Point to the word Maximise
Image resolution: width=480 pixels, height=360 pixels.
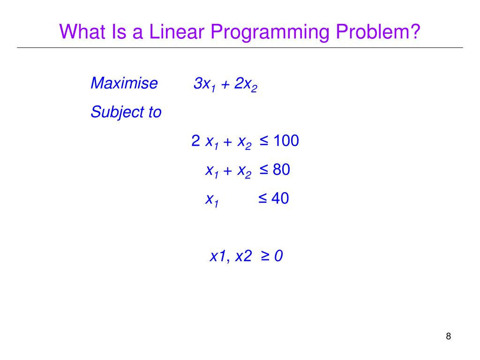pos(124,83)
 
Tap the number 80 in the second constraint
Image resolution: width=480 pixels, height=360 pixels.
pos(281,170)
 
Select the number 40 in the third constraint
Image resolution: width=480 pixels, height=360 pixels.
pos(280,198)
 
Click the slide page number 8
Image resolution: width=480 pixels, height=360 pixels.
pos(448,337)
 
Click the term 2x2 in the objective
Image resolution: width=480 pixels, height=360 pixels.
pos(246,85)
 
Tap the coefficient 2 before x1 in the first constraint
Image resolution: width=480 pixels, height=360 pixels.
pos(196,141)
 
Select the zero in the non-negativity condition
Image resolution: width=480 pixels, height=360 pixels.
pos(278,256)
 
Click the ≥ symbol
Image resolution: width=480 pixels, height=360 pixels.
pos(264,256)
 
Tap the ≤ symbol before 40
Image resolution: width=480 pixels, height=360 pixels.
pos(262,198)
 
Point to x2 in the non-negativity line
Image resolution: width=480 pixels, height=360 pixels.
pos(243,256)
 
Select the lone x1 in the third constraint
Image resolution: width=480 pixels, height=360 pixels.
pos(212,200)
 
